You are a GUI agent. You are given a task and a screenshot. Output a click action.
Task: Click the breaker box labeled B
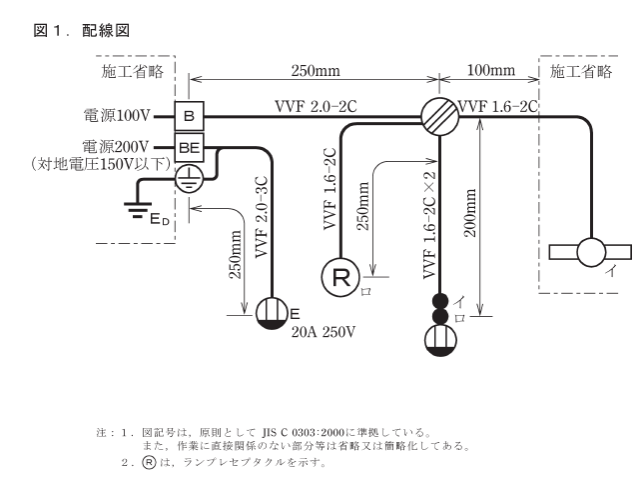(x=189, y=116)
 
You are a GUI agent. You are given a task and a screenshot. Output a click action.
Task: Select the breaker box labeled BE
(x=189, y=147)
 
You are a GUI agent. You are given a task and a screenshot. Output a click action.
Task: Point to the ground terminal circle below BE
(x=189, y=178)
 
